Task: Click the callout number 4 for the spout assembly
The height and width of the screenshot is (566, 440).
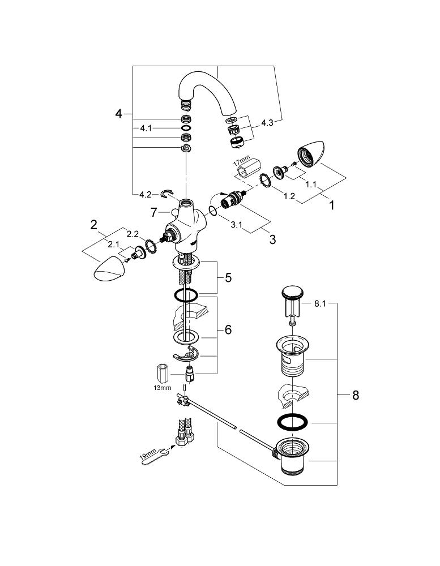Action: [118, 114]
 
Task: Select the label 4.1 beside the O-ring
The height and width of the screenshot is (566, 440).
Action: [146, 128]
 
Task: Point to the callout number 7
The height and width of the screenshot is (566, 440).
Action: [153, 212]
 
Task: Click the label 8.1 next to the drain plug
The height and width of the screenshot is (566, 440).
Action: [321, 304]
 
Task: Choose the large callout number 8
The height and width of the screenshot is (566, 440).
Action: [356, 395]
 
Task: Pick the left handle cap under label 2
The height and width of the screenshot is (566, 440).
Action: [109, 268]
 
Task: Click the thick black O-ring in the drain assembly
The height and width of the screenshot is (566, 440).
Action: [293, 422]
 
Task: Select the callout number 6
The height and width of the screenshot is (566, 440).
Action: [228, 329]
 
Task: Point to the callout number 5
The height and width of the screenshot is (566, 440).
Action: [228, 278]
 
